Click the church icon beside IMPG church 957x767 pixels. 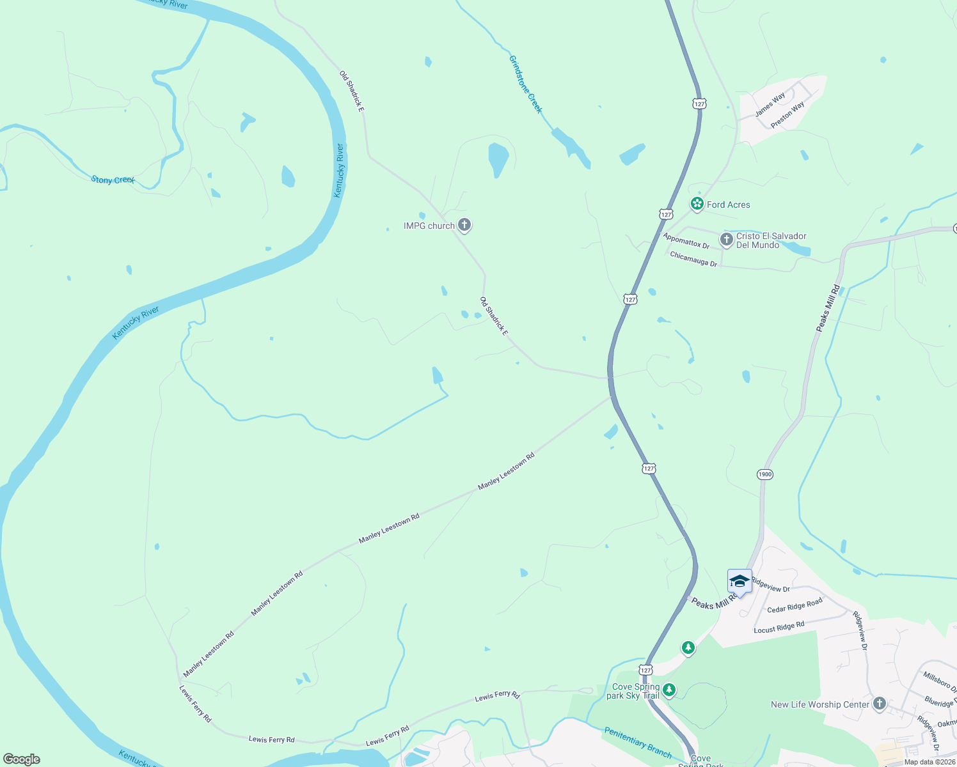(x=465, y=225)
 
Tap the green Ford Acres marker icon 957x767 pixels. (x=697, y=204)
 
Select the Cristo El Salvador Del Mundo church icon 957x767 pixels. (x=726, y=240)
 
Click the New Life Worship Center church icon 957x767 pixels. (x=880, y=704)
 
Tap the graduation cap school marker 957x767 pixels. (x=739, y=582)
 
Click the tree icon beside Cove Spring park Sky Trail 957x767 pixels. (x=669, y=690)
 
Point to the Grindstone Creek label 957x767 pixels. (x=525, y=84)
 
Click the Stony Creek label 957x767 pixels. (x=113, y=180)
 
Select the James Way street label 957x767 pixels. (x=770, y=105)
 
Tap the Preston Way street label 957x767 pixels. (x=787, y=116)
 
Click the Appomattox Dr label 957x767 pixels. (x=686, y=241)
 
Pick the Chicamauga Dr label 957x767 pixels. (x=693, y=259)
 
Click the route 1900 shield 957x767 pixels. (x=764, y=474)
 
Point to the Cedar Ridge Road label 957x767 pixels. (x=795, y=606)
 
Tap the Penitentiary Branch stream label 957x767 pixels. (x=638, y=741)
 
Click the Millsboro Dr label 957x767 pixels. (x=938, y=682)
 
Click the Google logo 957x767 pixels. (x=22, y=759)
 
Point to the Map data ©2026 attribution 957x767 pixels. (x=929, y=762)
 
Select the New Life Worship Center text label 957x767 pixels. (x=820, y=704)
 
